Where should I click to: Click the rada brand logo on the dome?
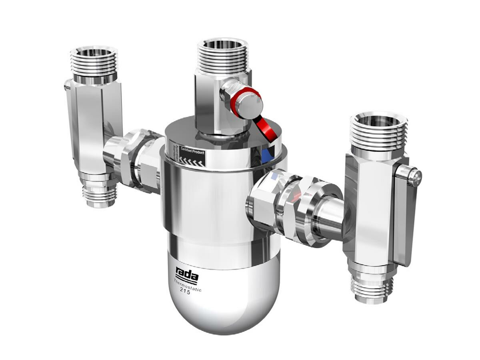coord(187,276)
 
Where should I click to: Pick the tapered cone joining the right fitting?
coord(328,218)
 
